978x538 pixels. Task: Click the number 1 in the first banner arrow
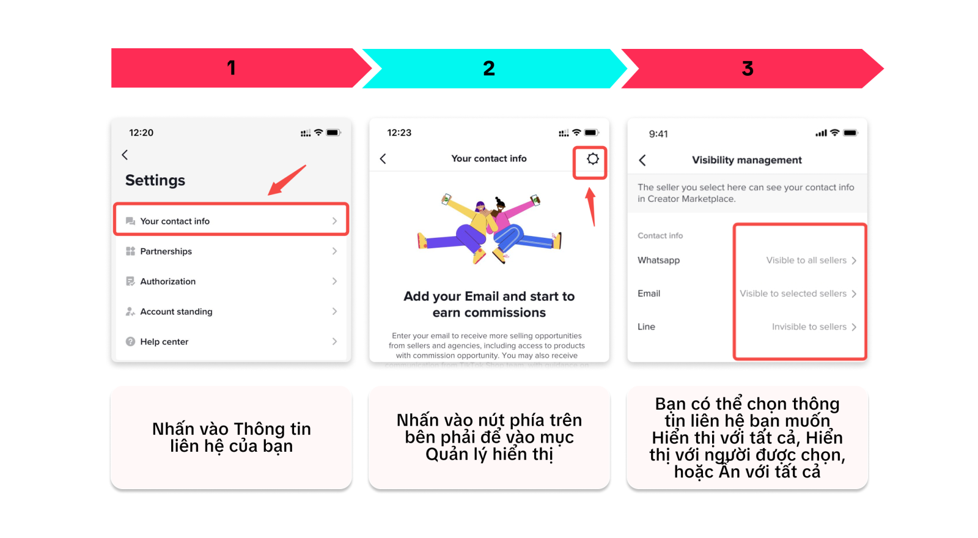231,68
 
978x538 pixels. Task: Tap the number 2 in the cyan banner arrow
489,68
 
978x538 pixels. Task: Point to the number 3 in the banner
747,68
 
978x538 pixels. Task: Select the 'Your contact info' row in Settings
231,221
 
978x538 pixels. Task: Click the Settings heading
155,180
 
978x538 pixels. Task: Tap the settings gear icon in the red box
592,159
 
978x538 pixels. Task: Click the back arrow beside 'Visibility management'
642,160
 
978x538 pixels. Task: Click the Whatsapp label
658,260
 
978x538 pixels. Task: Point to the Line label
646,327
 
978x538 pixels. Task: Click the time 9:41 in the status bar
658,134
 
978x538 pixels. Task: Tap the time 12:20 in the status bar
141,133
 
